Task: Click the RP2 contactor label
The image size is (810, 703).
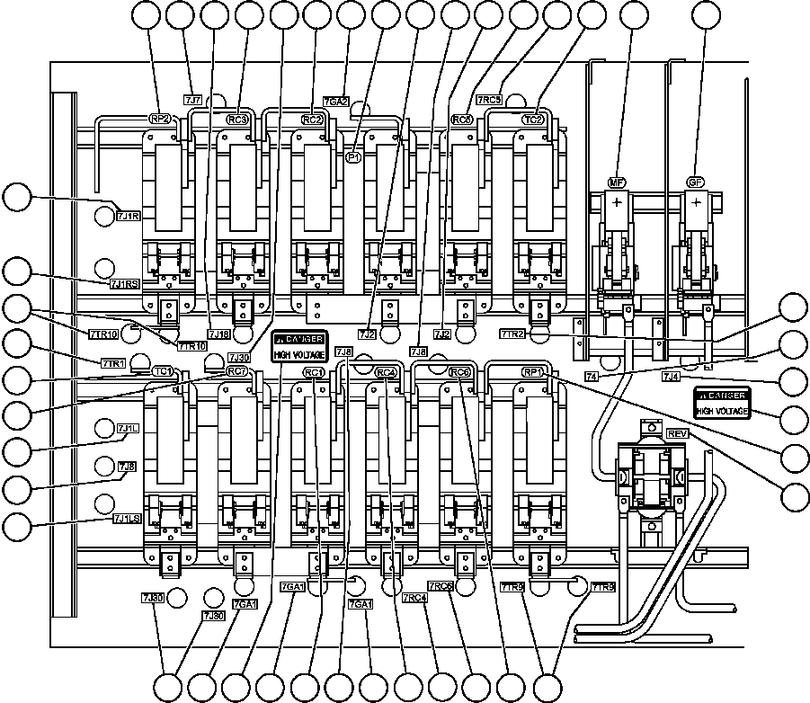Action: point(160,119)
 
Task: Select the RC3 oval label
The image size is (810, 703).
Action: point(236,119)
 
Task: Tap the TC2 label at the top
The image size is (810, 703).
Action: point(533,119)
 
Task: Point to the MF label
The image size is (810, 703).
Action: point(617,182)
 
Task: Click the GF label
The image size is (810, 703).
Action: point(695,182)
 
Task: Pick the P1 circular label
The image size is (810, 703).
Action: point(353,156)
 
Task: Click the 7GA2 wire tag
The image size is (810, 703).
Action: point(335,102)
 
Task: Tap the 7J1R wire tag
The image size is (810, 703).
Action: point(129,216)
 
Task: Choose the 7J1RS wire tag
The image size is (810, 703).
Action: point(125,284)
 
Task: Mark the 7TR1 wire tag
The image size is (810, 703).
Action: point(111,362)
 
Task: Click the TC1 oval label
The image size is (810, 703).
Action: point(162,371)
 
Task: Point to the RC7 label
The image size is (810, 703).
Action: point(237,371)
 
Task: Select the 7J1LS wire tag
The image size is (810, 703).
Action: point(127,519)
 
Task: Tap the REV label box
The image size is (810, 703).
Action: point(678,433)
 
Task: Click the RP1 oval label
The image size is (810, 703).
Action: point(533,372)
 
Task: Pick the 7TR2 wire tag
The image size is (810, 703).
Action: point(512,334)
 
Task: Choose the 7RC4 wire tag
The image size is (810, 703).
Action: point(414,598)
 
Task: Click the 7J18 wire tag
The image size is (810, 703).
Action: point(218,334)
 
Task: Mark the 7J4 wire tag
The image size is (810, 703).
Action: point(671,378)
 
